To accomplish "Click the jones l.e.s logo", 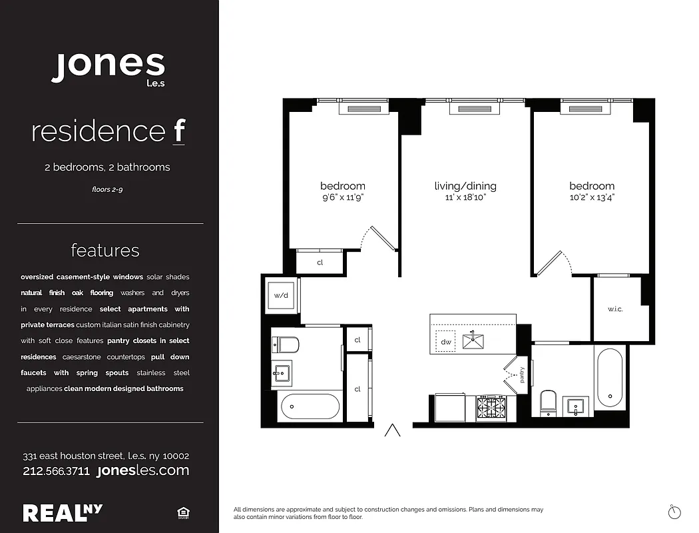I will pyautogui.click(x=108, y=67).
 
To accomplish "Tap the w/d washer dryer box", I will pyautogui.click(x=280, y=296).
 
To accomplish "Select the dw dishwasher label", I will pyautogui.click(x=446, y=342).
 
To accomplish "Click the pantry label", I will pyautogui.click(x=522, y=376).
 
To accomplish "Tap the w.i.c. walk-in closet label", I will pyautogui.click(x=614, y=310).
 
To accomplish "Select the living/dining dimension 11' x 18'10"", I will pyautogui.click(x=465, y=198).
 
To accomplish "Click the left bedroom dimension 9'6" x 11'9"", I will pyautogui.click(x=342, y=198).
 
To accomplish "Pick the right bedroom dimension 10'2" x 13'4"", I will pyautogui.click(x=591, y=198).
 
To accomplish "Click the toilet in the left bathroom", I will pyautogui.click(x=286, y=344).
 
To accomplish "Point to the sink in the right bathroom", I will pyautogui.click(x=575, y=405).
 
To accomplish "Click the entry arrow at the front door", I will pyautogui.click(x=393, y=430).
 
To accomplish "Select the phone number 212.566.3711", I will pyautogui.click(x=56, y=471).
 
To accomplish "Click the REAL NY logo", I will pyautogui.click(x=63, y=512).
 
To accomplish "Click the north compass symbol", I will pyautogui.click(x=674, y=511).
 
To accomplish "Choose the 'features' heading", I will pyautogui.click(x=105, y=251).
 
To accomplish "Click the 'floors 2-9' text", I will pyautogui.click(x=107, y=189).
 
